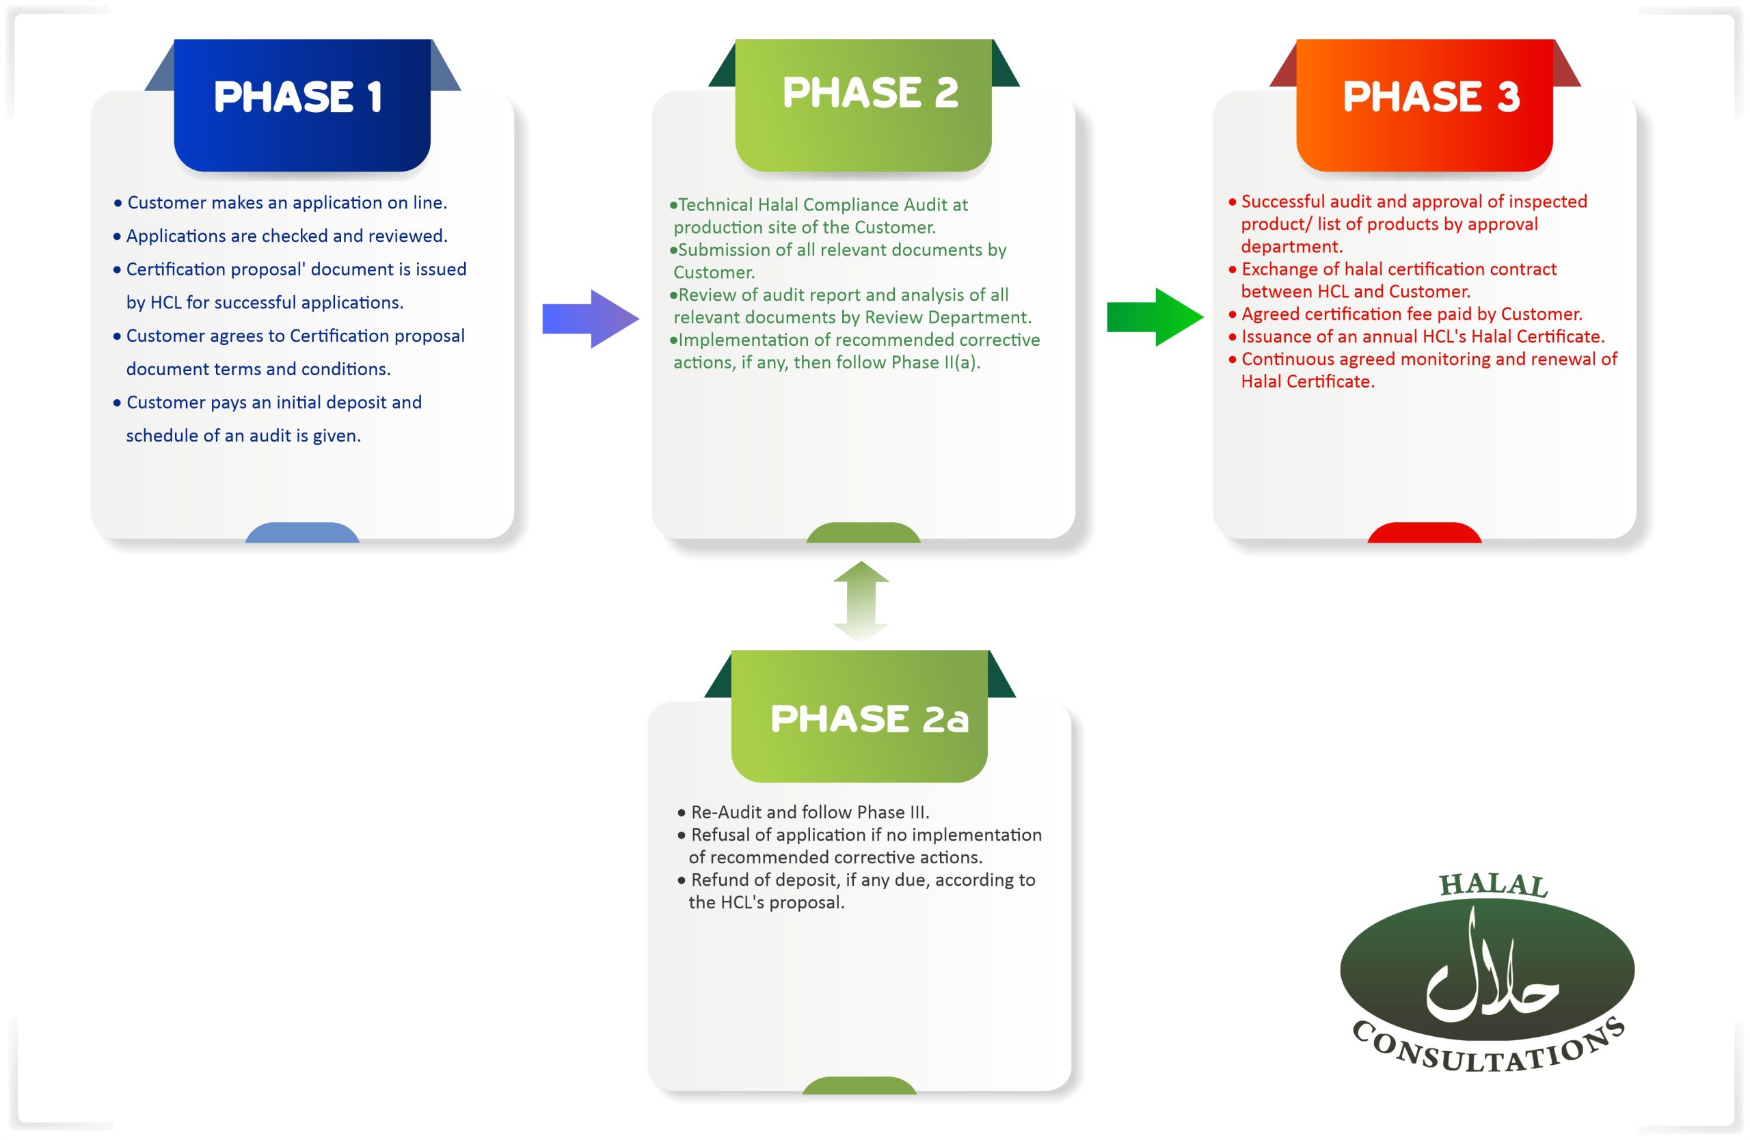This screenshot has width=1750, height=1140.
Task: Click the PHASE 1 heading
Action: click(298, 97)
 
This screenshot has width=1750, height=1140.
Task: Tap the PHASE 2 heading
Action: click(871, 93)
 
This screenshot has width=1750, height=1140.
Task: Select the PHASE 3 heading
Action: click(1431, 96)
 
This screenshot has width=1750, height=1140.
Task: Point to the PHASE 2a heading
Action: click(869, 718)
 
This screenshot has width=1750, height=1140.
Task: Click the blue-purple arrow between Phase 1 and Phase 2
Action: click(591, 318)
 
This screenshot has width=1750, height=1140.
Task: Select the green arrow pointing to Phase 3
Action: click(1155, 317)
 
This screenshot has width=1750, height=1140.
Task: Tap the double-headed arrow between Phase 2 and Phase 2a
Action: click(861, 602)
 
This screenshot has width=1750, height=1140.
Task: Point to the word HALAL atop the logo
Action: click(1494, 885)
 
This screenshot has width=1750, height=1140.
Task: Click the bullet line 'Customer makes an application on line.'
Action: click(280, 203)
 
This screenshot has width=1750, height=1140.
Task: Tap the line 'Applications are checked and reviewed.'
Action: click(280, 236)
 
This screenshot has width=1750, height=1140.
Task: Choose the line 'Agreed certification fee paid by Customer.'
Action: click(1405, 314)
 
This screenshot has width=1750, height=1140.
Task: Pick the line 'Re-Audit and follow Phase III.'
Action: click(803, 812)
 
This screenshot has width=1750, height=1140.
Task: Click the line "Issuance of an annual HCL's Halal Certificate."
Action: click(1416, 337)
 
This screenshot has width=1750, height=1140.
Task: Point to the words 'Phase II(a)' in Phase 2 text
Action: click(934, 362)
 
